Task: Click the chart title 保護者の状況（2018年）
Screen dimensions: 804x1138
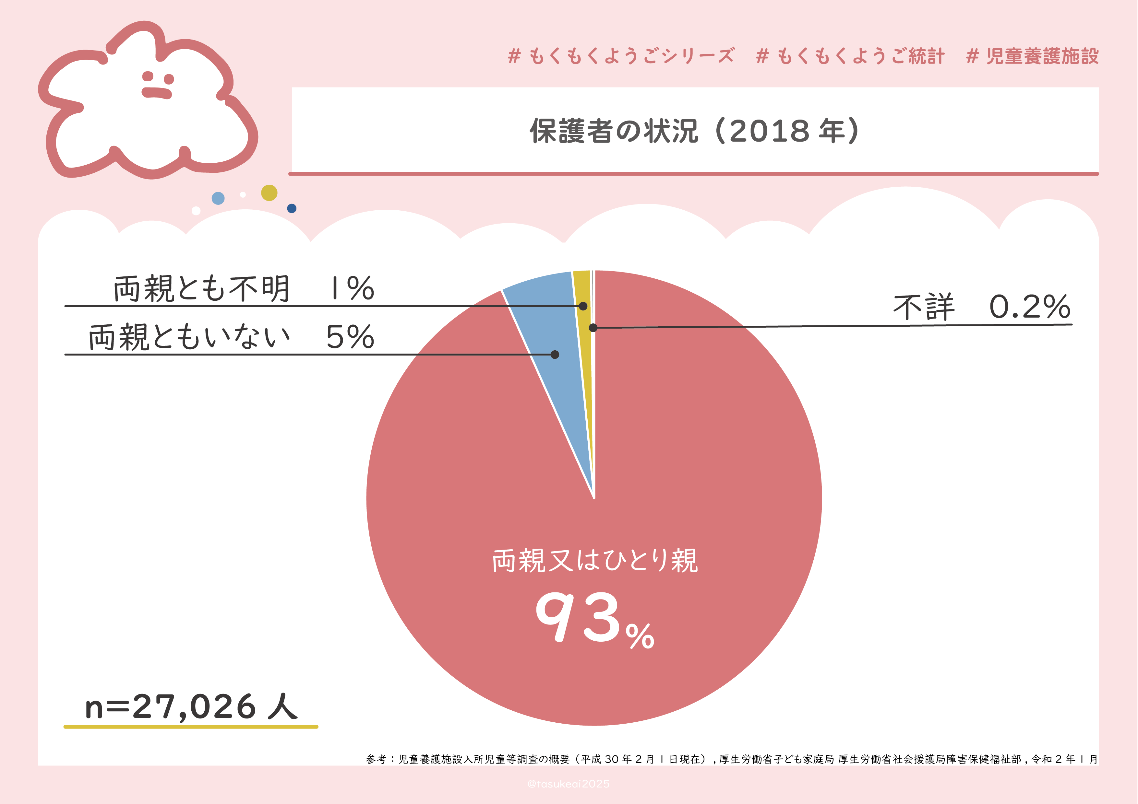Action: (694, 131)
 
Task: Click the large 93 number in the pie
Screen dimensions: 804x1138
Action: (577, 617)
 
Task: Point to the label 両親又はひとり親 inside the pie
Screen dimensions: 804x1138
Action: (595, 561)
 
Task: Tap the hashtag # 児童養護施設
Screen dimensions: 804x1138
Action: (1032, 56)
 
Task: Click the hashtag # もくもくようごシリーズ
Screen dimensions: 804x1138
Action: (621, 56)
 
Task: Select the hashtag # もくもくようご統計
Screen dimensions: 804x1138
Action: (850, 56)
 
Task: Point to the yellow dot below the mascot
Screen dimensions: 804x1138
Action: (269, 193)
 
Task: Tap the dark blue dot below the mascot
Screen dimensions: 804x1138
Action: (292, 209)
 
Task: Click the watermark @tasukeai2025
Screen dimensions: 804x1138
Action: (569, 784)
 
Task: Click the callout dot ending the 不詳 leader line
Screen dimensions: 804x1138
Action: (593, 327)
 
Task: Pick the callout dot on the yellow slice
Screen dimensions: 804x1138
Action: (583, 306)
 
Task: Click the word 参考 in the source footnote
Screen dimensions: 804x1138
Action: (376, 759)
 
